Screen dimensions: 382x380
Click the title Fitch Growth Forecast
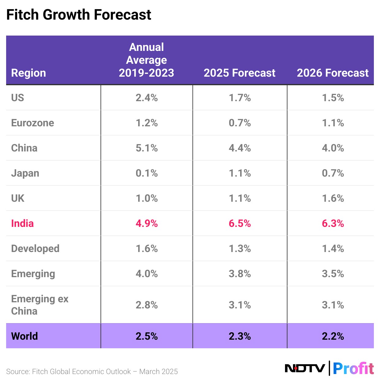[79, 15]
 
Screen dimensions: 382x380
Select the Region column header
[28, 73]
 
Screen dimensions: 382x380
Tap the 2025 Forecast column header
[239, 73]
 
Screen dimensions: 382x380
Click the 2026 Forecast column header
[332, 73]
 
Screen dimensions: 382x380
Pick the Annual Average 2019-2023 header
[146, 60]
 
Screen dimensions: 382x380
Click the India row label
[22, 223]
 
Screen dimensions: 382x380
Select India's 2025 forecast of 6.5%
[240, 223]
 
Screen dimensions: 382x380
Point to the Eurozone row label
[32, 123]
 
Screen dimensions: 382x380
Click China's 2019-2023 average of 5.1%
[146, 148]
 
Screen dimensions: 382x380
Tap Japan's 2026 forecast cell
[333, 173]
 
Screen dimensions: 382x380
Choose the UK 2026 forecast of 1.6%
[333, 198]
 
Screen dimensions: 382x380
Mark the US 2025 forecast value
[240, 98]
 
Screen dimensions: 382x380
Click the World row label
[25, 336]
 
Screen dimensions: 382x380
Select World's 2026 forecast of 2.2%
[333, 336]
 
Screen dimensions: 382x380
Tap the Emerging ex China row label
[40, 305]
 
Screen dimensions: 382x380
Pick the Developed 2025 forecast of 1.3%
[240, 249]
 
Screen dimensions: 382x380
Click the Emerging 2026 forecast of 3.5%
[333, 274]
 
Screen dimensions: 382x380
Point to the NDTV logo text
[305, 368]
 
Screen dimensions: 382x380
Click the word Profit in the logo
[353, 368]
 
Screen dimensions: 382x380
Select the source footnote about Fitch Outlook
[92, 372]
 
